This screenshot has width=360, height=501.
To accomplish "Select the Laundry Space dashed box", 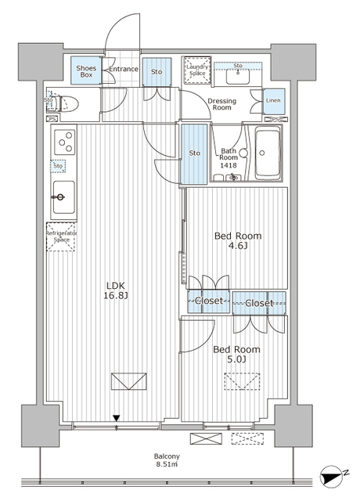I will [x=196, y=71].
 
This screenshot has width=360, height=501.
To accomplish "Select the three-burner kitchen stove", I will [x=63, y=142].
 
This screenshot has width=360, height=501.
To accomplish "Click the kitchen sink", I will [x=63, y=192].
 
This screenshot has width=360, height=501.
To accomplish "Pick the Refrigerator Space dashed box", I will [x=60, y=237].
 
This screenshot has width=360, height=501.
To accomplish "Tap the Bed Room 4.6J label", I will [x=238, y=241].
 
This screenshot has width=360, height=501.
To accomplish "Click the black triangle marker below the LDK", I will [x=117, y=419].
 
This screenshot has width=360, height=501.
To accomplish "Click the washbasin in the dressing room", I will [x=237, y=76].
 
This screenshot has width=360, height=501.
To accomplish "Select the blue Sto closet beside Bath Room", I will [x=194, y=153].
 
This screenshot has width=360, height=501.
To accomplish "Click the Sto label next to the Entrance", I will [x=157, y=72].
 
